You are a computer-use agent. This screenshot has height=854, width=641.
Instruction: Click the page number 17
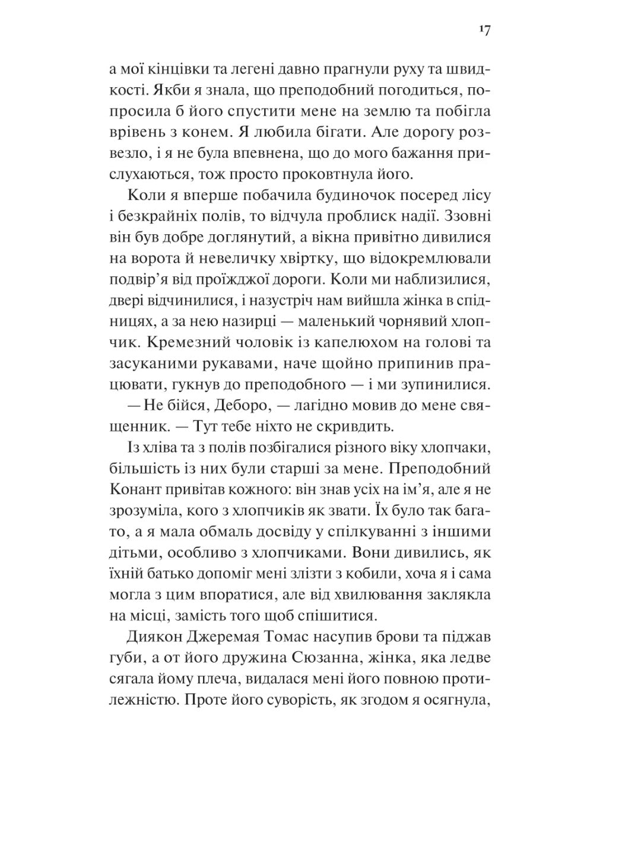(x=484, y=31)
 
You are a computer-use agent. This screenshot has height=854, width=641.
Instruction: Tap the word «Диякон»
(x=152, y=638)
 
